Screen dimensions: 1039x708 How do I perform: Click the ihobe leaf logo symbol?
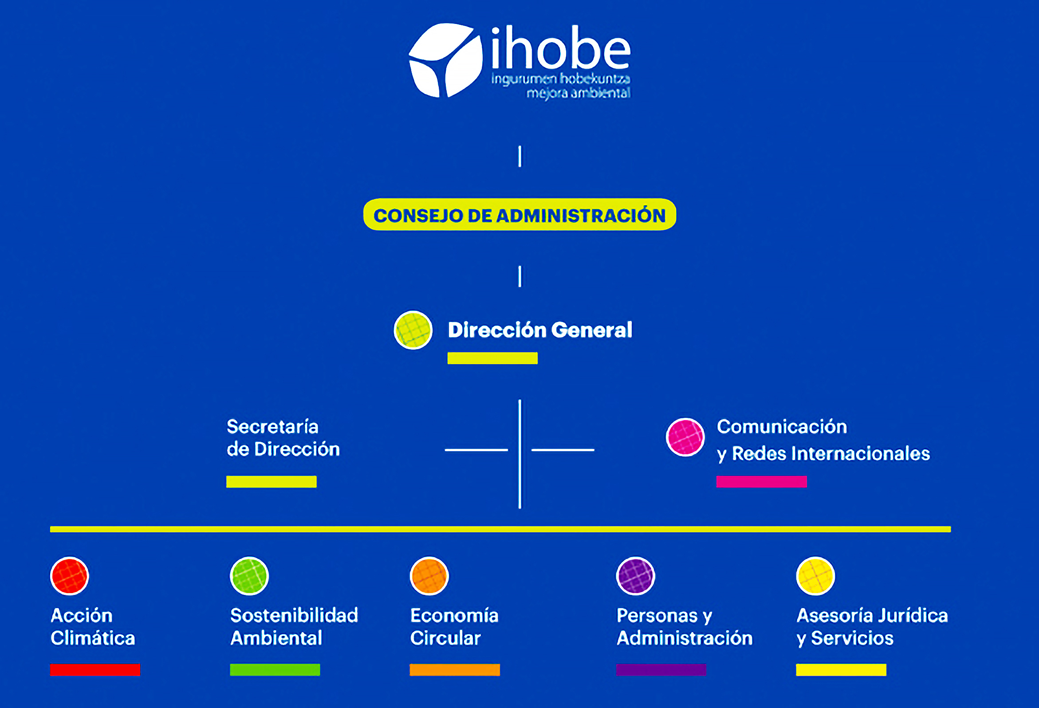tap(446, 60)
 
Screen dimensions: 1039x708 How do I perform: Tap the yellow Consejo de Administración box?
tap(519, 215)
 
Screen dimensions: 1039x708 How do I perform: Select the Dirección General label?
tap(540, 330)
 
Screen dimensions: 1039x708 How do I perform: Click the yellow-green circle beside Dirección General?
tap(413, 330)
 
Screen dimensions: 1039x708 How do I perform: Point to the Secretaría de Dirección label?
tap(283, 438)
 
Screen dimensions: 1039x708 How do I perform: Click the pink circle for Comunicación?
tap(685, 437)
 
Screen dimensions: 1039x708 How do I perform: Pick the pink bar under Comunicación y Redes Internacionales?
tap(761, 482)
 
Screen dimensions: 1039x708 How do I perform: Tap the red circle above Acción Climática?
tap(69, 576)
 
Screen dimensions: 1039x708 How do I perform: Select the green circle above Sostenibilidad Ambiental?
tap(249, 576)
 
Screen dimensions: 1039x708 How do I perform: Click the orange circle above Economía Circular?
tap(429, 576)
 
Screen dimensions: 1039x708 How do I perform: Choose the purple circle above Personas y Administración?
tap(635, 576)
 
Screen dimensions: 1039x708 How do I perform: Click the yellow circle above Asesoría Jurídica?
tap(815, 576)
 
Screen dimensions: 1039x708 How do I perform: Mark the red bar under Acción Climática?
tap(95, 670)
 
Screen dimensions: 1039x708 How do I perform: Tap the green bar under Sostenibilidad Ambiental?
tap(275, 670)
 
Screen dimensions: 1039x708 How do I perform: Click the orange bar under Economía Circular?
tap(455, 670)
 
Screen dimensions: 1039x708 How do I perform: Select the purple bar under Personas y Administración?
tap(661, 670)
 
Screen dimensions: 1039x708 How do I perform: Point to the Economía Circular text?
tap(454, 627)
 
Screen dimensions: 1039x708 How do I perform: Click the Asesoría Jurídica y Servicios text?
tap(872, 627)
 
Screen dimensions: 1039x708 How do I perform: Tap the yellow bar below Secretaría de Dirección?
tap(272, 482)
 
